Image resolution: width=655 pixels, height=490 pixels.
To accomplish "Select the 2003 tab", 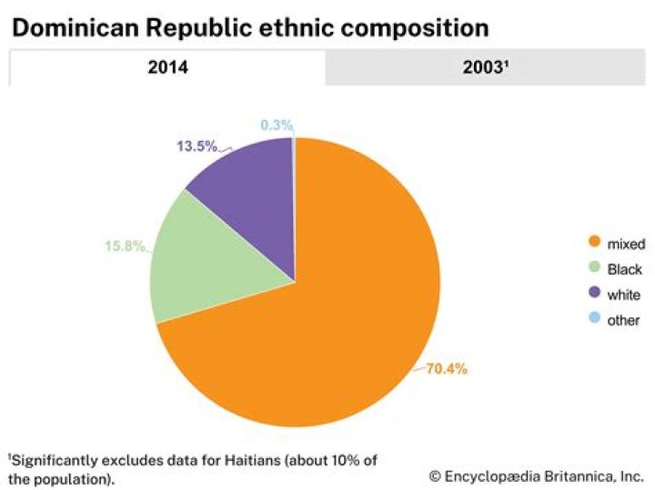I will click(488, 68).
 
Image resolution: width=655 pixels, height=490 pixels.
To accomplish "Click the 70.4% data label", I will click(448, 369).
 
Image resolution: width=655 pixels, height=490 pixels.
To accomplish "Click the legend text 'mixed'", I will click(626, 244).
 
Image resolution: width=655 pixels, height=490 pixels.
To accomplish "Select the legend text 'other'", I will click(624, 320).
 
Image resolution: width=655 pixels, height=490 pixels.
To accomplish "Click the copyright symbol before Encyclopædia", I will click(436, 475).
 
